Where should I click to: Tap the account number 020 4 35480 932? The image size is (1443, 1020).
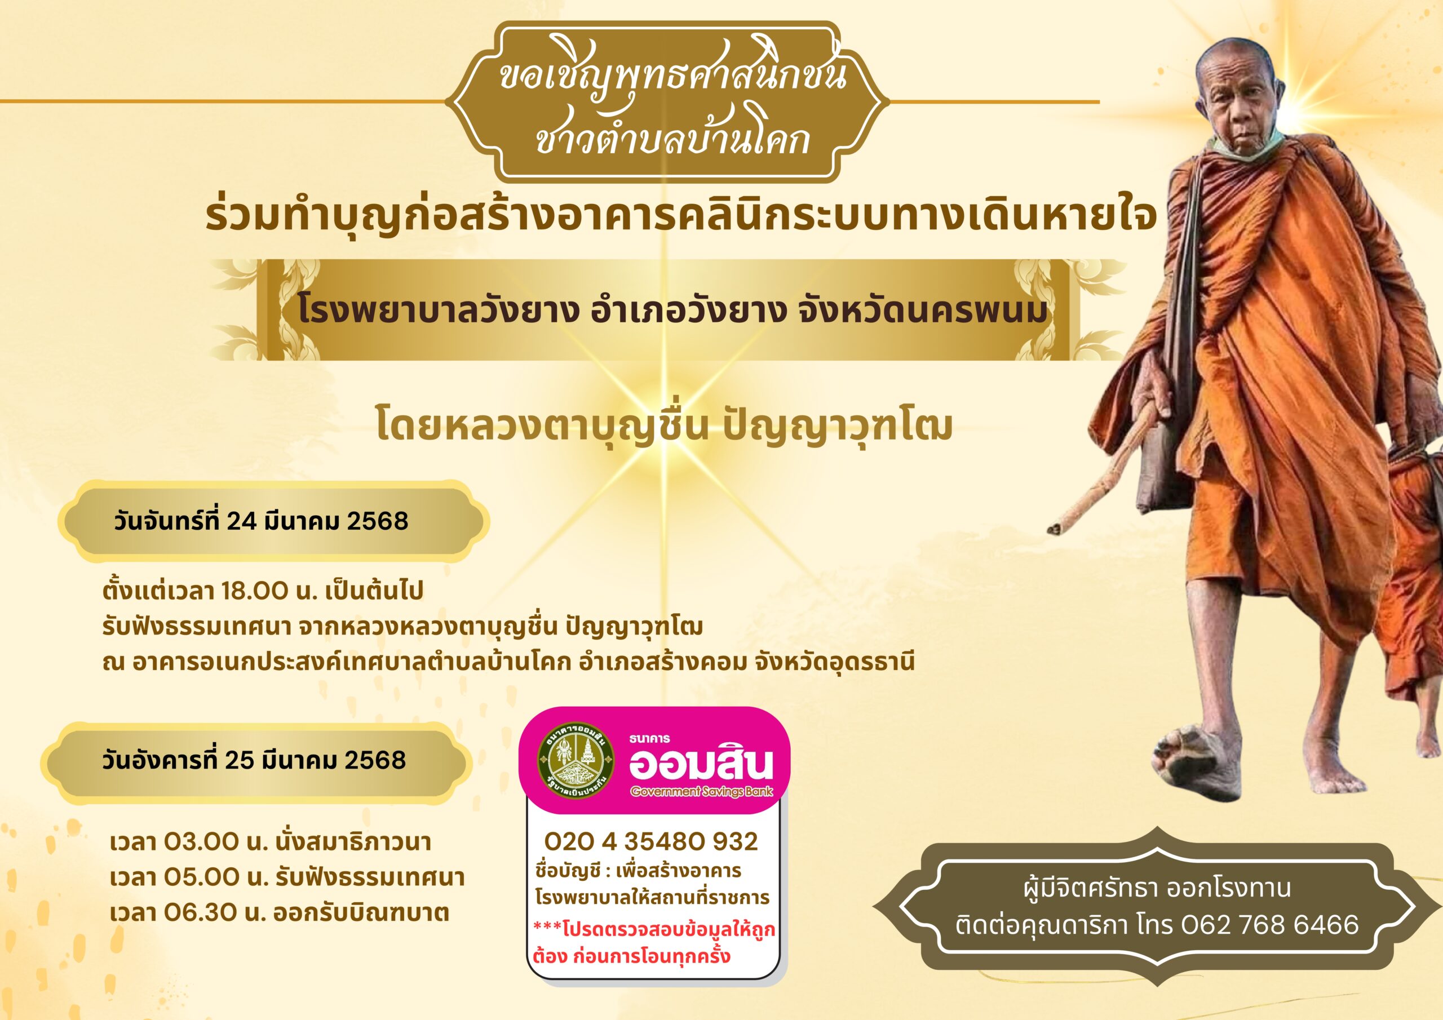coord(651,841)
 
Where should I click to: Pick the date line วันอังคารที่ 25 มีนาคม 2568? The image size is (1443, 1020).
coord(255,760)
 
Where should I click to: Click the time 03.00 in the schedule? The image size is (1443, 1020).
coord(201,841)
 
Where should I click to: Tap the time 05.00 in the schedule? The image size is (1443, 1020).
coord(202,877)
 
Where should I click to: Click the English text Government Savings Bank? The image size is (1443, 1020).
coord(701,791)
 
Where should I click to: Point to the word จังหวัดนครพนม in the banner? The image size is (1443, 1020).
coord(923,311)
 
